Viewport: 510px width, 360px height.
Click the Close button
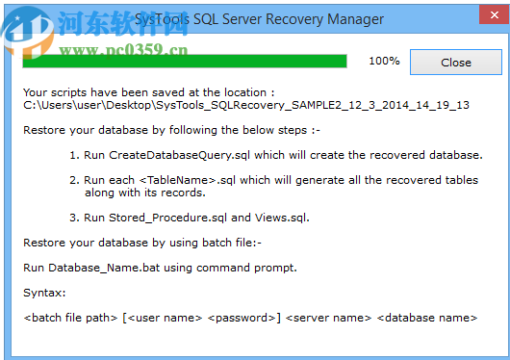455,63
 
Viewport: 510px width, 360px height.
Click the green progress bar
184,62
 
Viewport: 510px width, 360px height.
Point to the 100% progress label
384,62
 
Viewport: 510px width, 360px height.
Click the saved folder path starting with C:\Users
245,105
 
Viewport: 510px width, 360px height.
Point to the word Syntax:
42,292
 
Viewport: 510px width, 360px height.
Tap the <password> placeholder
245,317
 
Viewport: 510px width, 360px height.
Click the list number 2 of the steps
74,179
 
